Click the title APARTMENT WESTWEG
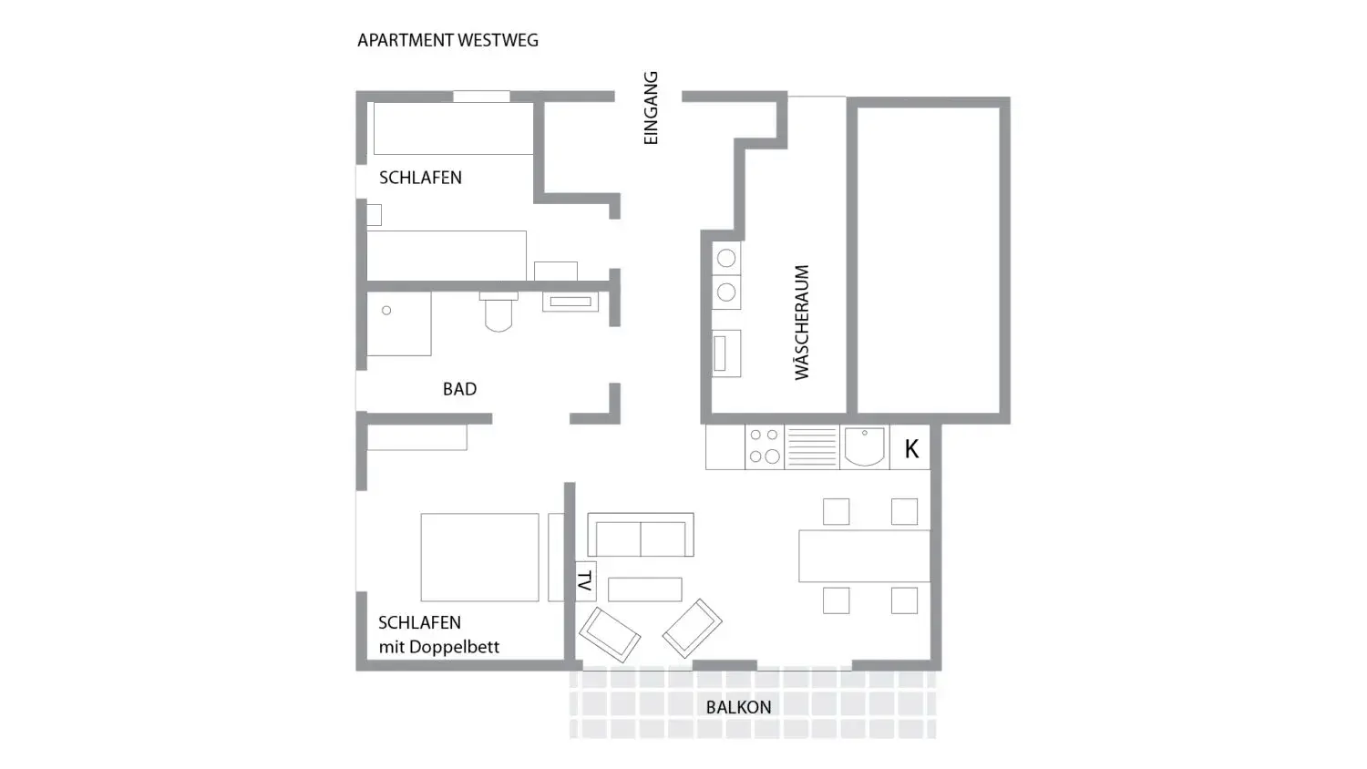(x=448, y=40)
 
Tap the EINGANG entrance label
(x=652, y=108)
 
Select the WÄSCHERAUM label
(x=801, y=323)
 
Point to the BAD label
(x=459, y=389)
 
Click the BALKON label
(x=738, y=707)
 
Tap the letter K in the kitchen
(x=911, y=449)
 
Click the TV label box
(x=585, y=581)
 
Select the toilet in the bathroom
(x=498, y=312)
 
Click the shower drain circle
(x=386, y=311)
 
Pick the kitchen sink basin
(x=864, y=446)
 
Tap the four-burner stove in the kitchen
(x=764, y=446)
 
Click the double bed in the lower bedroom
(x=479, y=558)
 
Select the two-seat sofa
(x=640, y=535)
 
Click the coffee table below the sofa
(x=644, y=590)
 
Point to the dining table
(x=864, y=556)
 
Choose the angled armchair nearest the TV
(x=610, y=635)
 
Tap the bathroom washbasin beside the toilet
(x=570, y=302)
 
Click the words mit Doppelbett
(x=438, y=647)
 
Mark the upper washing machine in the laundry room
(x=726, y=258)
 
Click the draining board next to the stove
(x=812, y=446)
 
